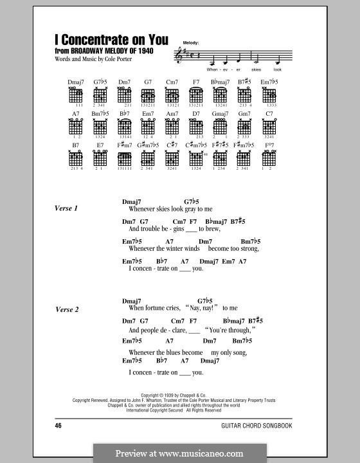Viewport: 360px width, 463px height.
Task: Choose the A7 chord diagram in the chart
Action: click(x=76, y=127)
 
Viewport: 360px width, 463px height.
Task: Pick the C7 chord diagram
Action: click(x=269, y=127)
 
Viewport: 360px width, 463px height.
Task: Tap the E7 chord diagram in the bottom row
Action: click(x=100, y=159)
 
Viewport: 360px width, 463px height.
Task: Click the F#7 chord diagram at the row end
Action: click(x=269, y=159)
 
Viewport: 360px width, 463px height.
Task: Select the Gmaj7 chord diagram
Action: click(x=221, y=127)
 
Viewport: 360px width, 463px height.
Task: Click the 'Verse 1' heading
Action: click(x=67, y=208)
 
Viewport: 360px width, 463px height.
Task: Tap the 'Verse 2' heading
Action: click(x=67, y=309)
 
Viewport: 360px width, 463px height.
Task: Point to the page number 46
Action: click(x=59, y=425)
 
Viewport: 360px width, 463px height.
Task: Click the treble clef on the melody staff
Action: click(x=179, y=57)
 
